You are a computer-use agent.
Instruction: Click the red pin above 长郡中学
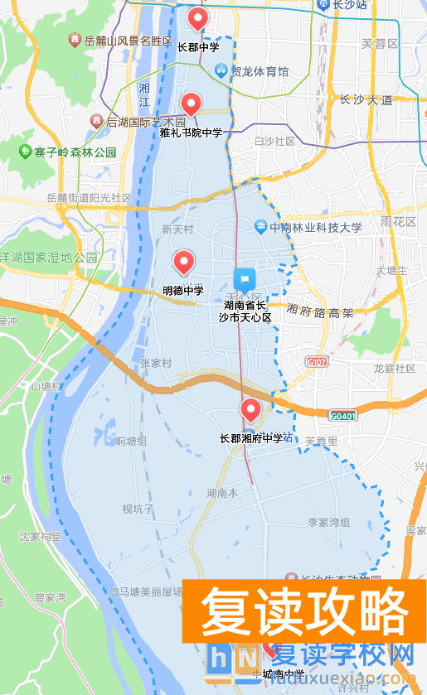pos(197,17)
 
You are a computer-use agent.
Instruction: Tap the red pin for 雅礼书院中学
pos(192,104)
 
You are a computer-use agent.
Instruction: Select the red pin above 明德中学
pos(183,262)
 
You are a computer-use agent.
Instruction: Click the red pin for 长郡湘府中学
pos(250,409)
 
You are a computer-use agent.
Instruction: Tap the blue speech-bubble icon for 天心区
pos(243,280)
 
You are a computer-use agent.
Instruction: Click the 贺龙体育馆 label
pos(259,72)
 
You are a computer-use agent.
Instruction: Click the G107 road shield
pos(316,362)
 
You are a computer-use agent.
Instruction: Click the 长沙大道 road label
pos(366,99)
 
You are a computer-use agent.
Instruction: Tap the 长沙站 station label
pos(349,5)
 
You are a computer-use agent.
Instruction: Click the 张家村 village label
pos(155,363)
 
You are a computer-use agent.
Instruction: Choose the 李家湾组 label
pos(329,523)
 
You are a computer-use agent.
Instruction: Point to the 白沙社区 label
pos(275,142)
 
